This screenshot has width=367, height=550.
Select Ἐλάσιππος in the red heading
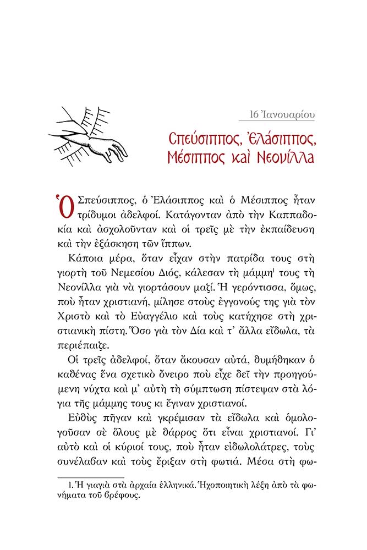click(274, 136)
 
